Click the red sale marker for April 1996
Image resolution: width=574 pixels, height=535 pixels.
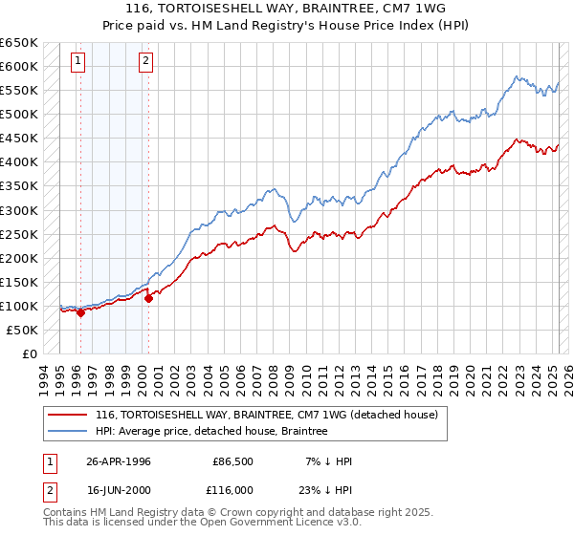point(80,312)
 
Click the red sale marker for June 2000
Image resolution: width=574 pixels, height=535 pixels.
point(149,298)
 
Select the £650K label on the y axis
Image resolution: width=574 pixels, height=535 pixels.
point(19,43)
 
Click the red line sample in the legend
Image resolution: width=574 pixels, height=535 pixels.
point(66,415)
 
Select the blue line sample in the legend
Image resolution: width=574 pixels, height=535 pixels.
point(66,432)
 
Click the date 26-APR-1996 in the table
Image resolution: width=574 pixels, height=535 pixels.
point(118,461)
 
